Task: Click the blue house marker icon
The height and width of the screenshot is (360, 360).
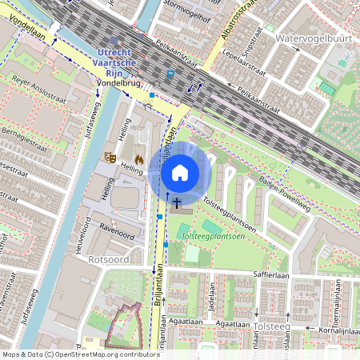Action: pos(179,172)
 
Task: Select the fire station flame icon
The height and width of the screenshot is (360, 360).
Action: pos(138,159)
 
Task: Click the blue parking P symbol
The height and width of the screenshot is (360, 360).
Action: pos(170,74)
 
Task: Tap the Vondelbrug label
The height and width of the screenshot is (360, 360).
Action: pos(118,82)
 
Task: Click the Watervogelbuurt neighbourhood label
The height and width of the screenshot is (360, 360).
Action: pos(307,38)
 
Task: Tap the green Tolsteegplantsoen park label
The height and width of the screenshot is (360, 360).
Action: pos(214,237)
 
